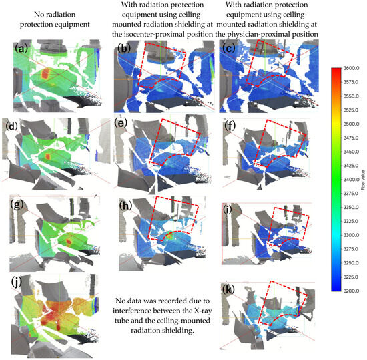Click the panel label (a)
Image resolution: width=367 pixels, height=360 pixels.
tap(21, 49)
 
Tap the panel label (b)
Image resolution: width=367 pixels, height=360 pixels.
tap(125, 49)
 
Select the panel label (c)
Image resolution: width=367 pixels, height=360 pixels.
tap(229, 49)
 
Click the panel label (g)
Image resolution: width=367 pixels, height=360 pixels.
tap(17, 205)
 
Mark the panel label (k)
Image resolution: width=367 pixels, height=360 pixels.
tap(228, 290)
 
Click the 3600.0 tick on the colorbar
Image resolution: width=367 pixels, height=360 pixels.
tap(351, 68)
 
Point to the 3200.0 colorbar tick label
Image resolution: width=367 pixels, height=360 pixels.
tap(351, 291)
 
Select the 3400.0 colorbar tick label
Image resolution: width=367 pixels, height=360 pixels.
tap(351, 180)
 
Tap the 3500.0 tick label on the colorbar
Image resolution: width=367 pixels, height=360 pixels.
tap(351, 124)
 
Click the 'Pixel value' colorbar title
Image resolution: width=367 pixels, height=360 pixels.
tap(363, 180)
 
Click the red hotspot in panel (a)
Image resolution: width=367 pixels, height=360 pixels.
tap(45, 73)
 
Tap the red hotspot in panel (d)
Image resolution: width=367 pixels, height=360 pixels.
tap(48, 156)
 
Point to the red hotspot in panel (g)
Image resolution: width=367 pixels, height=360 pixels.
tap(69, 242)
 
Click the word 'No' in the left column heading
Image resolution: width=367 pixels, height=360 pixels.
tap(39, 15)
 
